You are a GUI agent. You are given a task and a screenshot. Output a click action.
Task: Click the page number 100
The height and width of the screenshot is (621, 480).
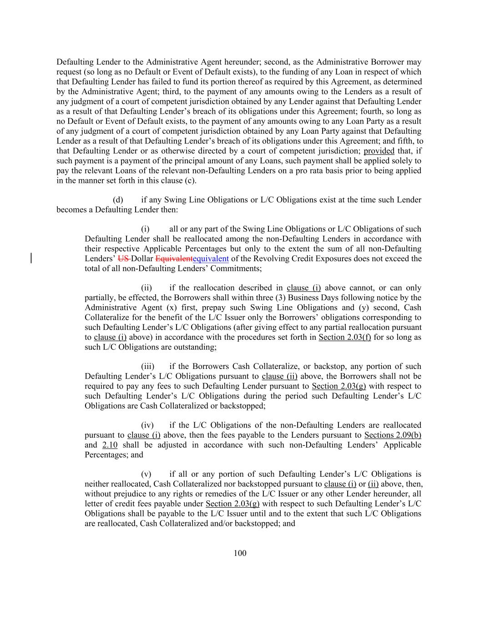point(240,553)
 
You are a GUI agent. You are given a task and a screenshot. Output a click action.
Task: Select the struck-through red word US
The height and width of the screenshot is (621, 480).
point(123,258)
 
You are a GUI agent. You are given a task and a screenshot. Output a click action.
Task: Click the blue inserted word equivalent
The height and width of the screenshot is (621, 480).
point(211,258)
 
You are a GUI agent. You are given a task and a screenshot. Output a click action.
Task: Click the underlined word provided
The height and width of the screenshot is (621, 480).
point(379,151)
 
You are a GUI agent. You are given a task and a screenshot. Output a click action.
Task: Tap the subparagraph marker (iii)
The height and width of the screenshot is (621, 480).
point(147,366)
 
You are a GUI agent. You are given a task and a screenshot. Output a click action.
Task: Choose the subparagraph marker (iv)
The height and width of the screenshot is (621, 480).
point(147,425)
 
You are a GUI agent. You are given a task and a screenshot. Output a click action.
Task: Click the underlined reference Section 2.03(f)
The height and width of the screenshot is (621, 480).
point(344,337)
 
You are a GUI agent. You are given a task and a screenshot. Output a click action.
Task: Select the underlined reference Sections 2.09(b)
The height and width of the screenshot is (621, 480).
point(393,435)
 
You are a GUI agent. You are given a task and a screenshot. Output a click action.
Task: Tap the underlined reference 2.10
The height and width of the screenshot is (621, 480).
point(110,444)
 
